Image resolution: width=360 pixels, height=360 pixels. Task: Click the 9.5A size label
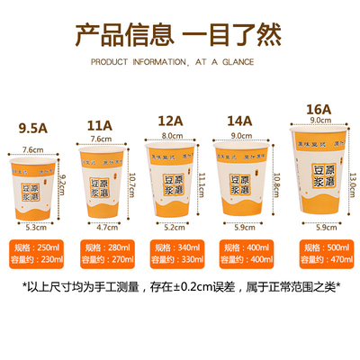(x=34, y=127)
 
